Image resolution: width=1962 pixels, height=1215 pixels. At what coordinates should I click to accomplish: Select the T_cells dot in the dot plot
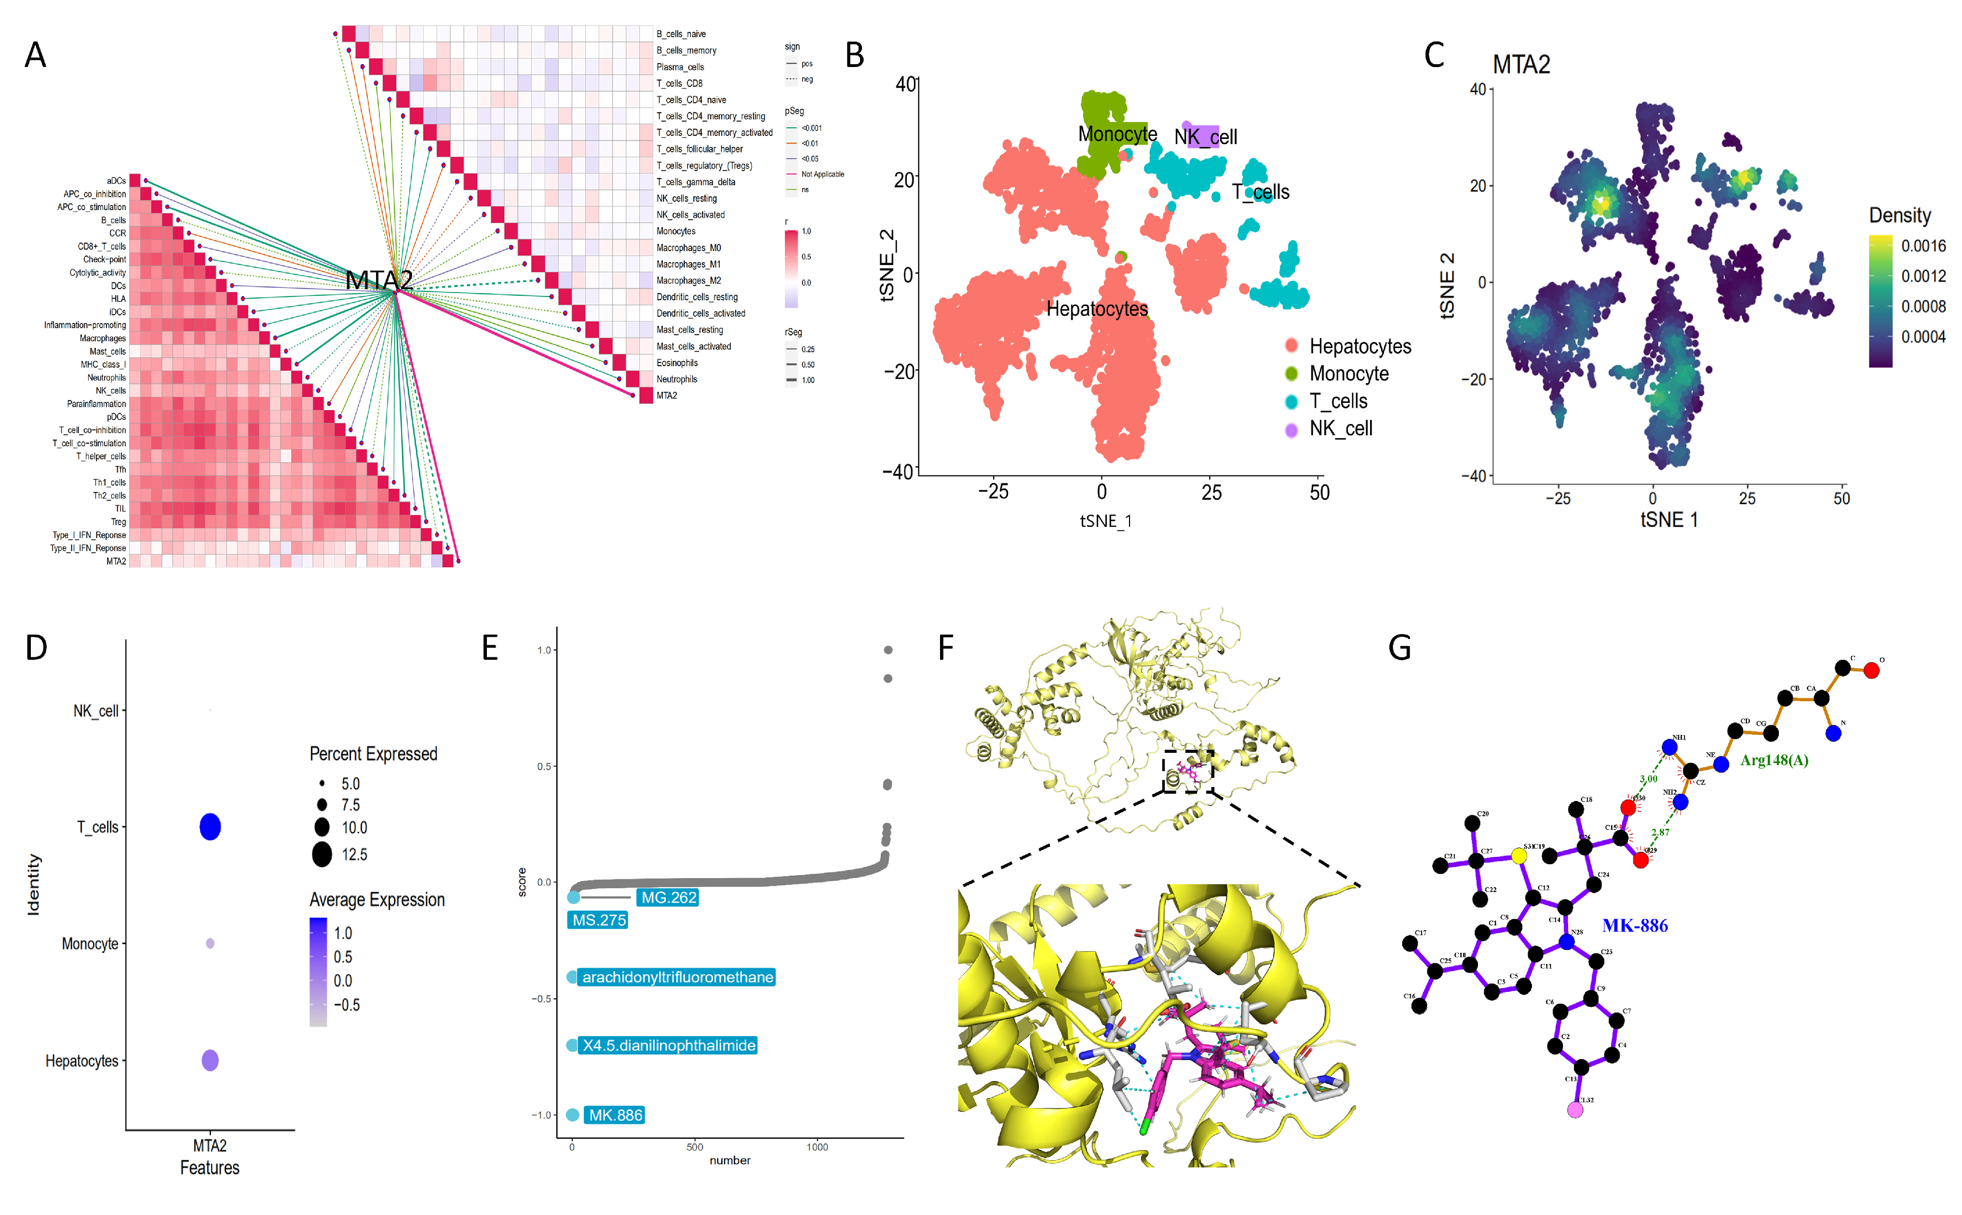pos(210,827)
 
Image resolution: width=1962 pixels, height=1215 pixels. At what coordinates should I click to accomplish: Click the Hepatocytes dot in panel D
pos(210,1061)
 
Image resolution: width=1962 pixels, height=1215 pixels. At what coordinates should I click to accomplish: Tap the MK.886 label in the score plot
pos(615,1115)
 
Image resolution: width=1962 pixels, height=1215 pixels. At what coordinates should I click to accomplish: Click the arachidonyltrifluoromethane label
pos(677,977)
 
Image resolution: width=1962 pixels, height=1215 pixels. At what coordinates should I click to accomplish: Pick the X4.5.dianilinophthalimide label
pos(669,1045)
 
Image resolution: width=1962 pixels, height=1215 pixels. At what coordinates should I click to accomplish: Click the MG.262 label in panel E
pos(668,897)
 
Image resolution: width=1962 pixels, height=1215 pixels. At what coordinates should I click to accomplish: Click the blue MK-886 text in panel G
pos(1634,926)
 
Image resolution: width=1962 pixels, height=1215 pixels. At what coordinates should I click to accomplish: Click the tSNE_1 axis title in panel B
pos(1105,521)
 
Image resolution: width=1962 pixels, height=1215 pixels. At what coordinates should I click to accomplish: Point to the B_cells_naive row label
pos(680,34)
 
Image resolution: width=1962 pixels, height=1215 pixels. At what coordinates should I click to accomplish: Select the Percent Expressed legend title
pos(373,754)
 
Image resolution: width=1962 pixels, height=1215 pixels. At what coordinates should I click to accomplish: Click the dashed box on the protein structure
pos(1187,772)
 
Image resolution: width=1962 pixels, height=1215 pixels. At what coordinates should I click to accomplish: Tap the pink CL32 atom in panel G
pos(1574,1110)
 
